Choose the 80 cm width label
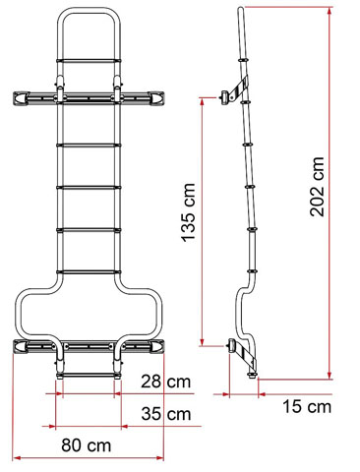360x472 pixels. click(86, 444)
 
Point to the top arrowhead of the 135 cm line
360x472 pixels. click(200, 100)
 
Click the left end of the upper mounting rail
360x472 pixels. click(15, 96)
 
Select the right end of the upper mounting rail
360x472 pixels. click(161, 96)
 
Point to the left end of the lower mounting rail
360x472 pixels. click(15, 345)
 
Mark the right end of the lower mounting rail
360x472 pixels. click(161, 345)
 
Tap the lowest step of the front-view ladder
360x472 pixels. click(88, 374)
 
